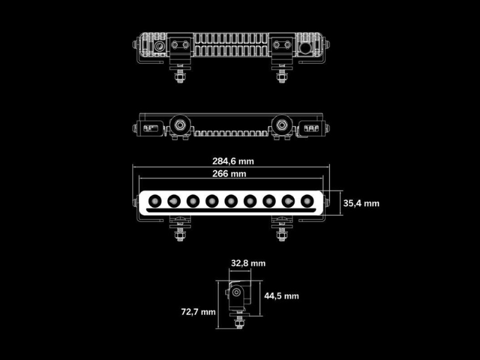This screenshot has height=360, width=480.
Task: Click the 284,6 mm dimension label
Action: coord(233,161)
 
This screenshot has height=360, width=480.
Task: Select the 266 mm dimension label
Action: coord(229,174)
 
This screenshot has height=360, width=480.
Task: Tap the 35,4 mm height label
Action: coord(361,203)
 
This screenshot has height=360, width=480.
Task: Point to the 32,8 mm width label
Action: coord(248,263)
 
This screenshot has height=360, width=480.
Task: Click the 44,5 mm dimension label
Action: coord(281,296)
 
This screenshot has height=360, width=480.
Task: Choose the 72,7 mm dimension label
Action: coord(199,312)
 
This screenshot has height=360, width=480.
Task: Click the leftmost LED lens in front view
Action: coord(155,201)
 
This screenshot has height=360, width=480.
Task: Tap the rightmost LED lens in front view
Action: coord(307,201)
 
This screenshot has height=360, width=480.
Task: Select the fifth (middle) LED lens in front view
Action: coord(231,201)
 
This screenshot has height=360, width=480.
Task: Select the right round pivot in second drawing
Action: coord(281,125)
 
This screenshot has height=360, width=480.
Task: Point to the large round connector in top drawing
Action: coord(305,48)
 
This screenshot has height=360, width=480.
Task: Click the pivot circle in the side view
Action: coord(236,292)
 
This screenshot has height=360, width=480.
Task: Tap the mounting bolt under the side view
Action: coord(239,322)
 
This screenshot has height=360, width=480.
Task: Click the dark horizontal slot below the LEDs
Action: coord(231,211)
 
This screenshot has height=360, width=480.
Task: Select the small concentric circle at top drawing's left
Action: coord(160,47)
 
